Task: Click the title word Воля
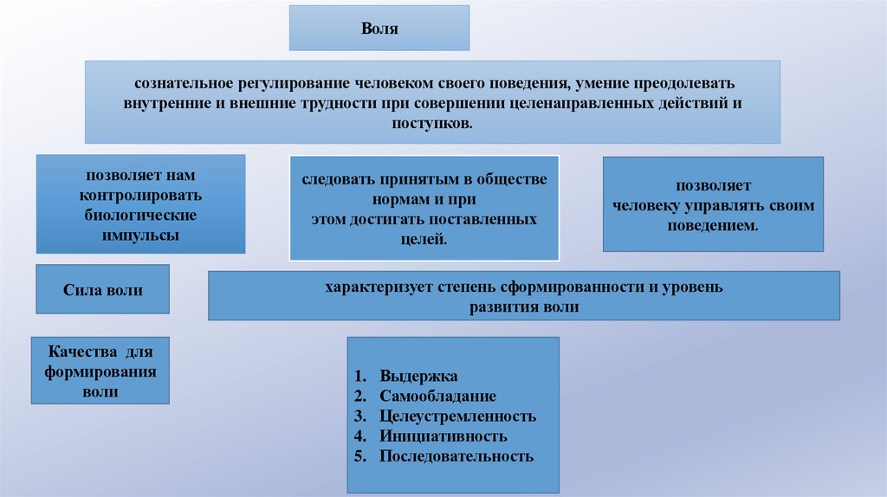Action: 379,29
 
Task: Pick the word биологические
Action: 140,214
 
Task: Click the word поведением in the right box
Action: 714,225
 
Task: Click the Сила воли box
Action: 102,290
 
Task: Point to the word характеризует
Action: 375,287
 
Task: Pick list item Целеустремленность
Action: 457,416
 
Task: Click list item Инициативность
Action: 443,436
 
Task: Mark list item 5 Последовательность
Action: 456,455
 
